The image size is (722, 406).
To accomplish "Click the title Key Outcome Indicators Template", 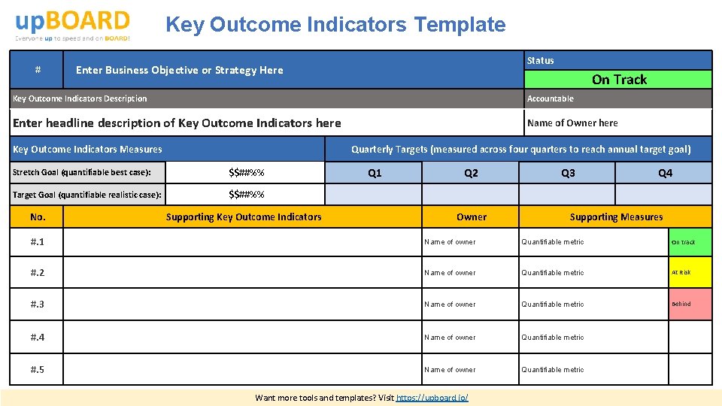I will (x=335, y=25).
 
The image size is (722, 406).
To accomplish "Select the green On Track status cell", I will (x=618, y=80).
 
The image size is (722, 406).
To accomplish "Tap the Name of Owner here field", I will (x=572, y=123).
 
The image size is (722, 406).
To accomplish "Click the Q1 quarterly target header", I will (x=374, y=173).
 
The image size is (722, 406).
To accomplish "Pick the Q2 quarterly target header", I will (x=471, y=173).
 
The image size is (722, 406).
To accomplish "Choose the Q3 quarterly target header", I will (x=568, y=173).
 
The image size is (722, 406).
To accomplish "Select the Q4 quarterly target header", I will (x=665, y=173).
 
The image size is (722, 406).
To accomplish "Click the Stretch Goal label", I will (x=82, y=172).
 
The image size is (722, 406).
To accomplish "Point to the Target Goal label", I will (x=87, y=195).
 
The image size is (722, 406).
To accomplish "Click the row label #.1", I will (x=37, y=242).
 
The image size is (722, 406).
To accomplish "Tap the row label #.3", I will (x=37, y=304).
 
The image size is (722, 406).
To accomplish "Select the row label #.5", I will (x=37, y=370).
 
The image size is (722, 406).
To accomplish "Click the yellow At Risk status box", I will (x=690, y=273).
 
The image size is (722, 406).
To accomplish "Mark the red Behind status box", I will (x=690, y=304).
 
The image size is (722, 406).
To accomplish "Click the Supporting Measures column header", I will (x=616, y=217).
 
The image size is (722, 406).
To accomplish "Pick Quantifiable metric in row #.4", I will (x=553, y=338).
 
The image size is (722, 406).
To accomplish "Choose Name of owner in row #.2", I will (x=450, y=273).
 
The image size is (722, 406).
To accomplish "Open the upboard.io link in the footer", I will (x=432, y=397).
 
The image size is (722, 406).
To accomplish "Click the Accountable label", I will (x=550, y=98).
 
